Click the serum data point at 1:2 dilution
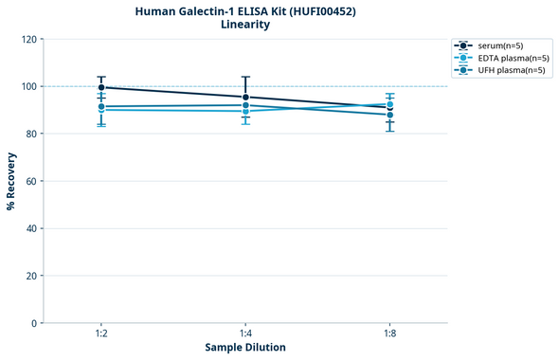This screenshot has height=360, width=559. (101, 87)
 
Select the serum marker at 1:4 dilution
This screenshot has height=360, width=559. (246, 98)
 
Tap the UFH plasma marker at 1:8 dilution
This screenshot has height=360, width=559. (390, 115)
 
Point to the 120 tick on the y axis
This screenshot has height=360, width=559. (27, 39)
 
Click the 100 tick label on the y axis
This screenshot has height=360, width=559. (27, 86)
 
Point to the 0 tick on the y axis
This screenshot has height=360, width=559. (33, 323)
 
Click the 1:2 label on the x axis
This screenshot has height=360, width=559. (101, 334)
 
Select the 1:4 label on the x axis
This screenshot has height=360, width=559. (246, 334)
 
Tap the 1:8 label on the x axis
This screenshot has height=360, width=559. (390, 334)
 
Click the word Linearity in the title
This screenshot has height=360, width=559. (245, 25)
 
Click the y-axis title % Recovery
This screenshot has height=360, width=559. (11, 180)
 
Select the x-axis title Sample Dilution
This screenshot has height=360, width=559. (245, 348)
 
